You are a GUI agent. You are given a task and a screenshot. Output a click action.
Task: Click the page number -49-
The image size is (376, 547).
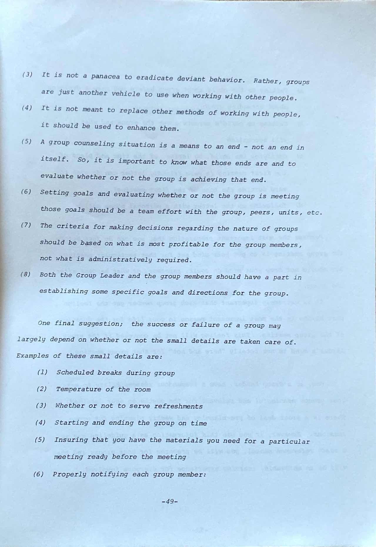tap(170, 501)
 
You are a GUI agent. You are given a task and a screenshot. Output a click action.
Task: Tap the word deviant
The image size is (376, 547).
tap(191, 79)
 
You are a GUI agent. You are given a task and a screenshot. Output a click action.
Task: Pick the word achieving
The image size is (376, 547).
tap(210, 179)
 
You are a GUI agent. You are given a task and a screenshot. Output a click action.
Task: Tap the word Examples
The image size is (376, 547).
tap(32, 356)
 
